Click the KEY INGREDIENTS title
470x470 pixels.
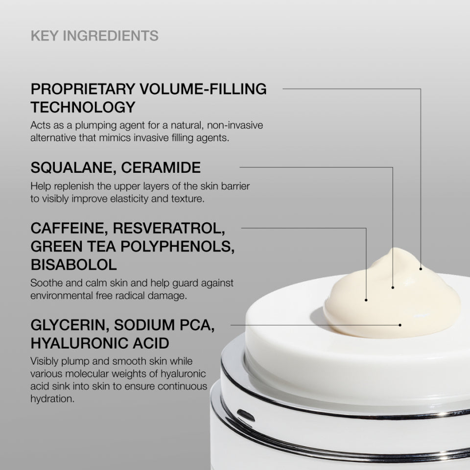pyautogui.click(x=94, y=36)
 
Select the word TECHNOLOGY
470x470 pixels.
pyautogui.click(x=83, y=107)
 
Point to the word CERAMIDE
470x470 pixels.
pyautogui.click(x=161, y=168)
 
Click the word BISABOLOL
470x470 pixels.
pyautogui.click(x=73, y=265)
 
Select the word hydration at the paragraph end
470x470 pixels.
pyautogui.click(x=52, y=399)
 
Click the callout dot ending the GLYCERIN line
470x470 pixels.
pyautogui.click(x=400, y=324)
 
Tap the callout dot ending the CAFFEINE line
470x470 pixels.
pyautogui.click(x=366, y=299)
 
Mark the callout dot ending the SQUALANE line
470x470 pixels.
pyautogui.click(x=393, y=287)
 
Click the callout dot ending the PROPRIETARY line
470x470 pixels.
pyautogui.click(x=421, y=268)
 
